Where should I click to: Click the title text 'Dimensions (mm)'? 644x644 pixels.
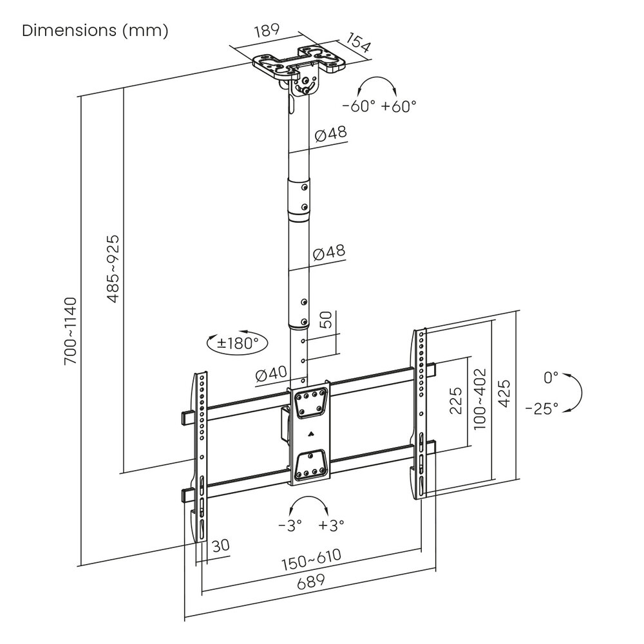click(95, 31)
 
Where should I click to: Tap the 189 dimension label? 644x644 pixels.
click(267, 30)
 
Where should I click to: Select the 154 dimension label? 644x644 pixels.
click(357, 43)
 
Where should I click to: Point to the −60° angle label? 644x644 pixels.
click(359, 106)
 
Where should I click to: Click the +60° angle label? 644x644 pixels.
click(399, 106)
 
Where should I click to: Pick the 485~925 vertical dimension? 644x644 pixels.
click(113, 269)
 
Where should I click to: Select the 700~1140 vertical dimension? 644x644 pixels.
click(70, 331)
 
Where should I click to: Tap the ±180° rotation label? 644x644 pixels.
click(238, 343)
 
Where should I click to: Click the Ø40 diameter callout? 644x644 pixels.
click(271, 374)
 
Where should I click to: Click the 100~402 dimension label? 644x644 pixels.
click(480, 399)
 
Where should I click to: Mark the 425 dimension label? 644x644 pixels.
click(504, 393)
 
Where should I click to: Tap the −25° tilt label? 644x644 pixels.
click(542, 408)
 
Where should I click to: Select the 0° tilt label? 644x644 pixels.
click(551, 377)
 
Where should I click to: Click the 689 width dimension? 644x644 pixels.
click(310, 581)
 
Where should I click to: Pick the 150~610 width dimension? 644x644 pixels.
click(311, 560)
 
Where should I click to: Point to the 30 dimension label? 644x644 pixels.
click(220, 545)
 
